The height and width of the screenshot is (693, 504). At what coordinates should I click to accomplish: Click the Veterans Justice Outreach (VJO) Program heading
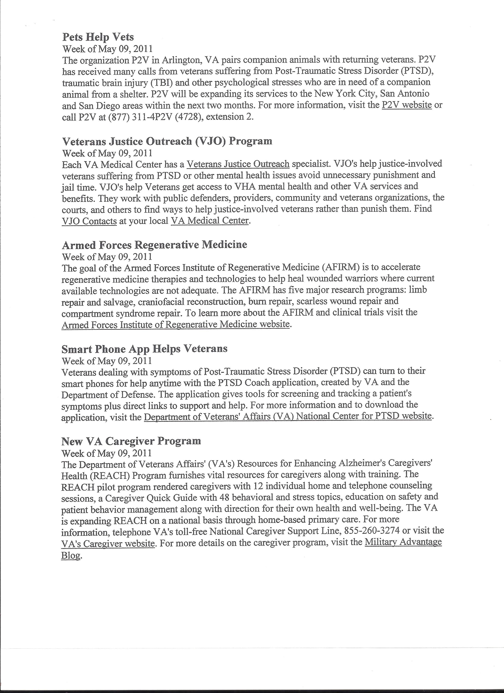167,141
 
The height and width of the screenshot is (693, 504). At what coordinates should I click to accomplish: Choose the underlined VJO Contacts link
89,221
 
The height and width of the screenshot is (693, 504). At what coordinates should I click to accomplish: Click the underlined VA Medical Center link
210,221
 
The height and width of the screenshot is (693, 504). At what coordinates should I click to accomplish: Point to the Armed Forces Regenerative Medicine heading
154,245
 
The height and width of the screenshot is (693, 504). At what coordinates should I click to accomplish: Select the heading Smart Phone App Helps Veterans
144,349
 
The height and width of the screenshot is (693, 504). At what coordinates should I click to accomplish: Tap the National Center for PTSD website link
288,416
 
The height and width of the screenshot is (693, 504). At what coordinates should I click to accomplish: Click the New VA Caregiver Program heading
131,441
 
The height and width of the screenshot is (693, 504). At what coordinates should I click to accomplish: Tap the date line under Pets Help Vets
107,49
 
